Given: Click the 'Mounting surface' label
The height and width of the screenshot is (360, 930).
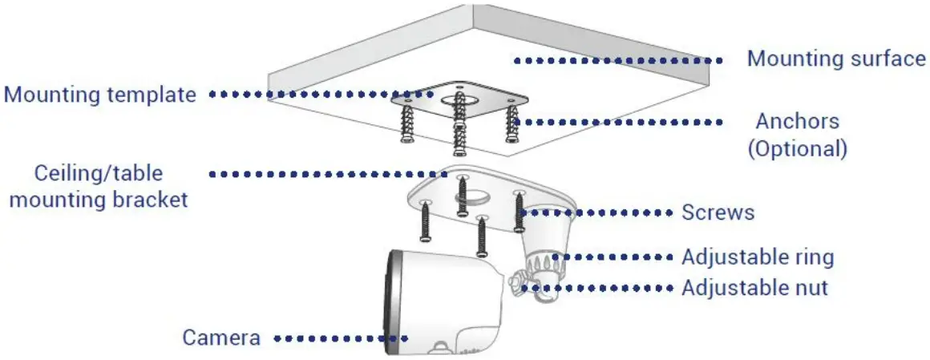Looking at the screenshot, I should click(x=835, y=59).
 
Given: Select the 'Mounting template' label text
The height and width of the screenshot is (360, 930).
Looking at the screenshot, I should click(x=100, y=95).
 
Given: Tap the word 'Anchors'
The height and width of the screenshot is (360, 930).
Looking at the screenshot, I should click(x=797, y=122).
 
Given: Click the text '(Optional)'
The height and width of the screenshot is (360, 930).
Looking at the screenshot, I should click(x=797, y=148).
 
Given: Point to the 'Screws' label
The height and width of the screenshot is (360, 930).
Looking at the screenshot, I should click(x=718, y=212).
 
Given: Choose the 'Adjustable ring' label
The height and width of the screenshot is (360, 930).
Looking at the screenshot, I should click(x=758, y=257).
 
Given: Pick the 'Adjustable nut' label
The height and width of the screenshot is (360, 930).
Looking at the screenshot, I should click(x=754, y=287).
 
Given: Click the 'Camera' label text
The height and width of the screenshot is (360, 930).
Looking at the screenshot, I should click(x=221, y=338).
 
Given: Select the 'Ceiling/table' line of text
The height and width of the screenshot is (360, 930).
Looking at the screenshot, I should click(x=98, y=173).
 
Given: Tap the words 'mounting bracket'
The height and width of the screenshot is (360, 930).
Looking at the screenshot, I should click(x=98, y=199).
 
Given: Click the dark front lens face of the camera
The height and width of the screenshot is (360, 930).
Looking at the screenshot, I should click(x=393, y=301).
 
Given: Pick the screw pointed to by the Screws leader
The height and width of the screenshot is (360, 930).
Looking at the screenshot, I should click(x=518, y=212).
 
